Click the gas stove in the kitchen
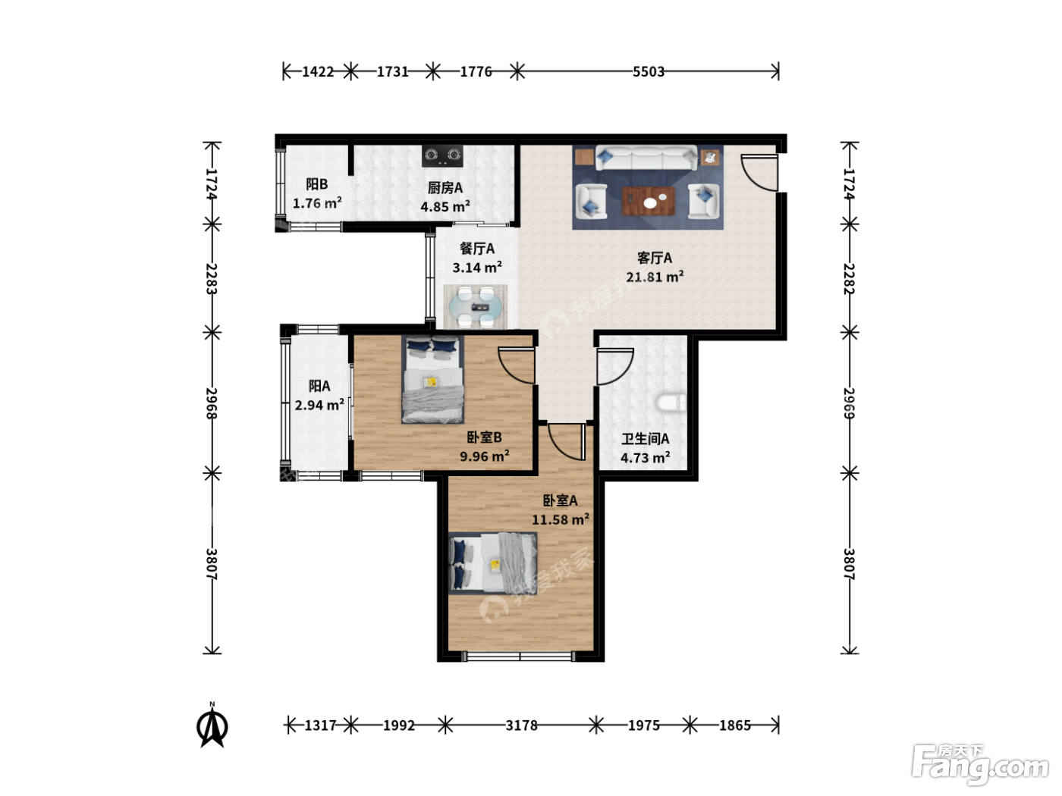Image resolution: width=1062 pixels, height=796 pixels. [x=441, y=156]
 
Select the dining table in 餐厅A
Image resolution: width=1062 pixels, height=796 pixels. [x=476, y=306]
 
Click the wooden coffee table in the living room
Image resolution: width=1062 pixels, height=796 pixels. [x=648, y=201]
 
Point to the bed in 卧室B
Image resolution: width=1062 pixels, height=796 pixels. [x=432, y=379]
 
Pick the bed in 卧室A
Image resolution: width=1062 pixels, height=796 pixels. [x=492, y=563]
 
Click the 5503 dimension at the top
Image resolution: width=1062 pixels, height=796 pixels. [x=649, y=71]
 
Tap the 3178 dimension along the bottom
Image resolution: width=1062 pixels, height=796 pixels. [x=521, y=725]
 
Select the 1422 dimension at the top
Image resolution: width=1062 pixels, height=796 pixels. [x=318, y=71]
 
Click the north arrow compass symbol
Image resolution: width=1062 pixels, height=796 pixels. [x=212, y=726]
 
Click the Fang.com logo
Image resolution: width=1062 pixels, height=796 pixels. [x=980, y=764]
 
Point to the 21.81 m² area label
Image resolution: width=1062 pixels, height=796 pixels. [x=655, y=277]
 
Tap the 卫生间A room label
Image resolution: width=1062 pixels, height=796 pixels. [x=645, y=439]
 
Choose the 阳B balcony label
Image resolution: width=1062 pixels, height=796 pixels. [x=317, y=184]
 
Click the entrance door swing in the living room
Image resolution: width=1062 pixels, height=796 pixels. [x=759, y=173]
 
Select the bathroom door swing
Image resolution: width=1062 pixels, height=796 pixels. [x=615, y=367]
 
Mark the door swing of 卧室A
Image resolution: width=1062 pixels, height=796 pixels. [x=567, y=442]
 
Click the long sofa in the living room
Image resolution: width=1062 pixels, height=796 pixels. [x=646, y=158]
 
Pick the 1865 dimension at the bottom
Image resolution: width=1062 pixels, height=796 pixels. [x=734, y=725]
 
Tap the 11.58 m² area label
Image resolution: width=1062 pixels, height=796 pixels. [x=561, y=519]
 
